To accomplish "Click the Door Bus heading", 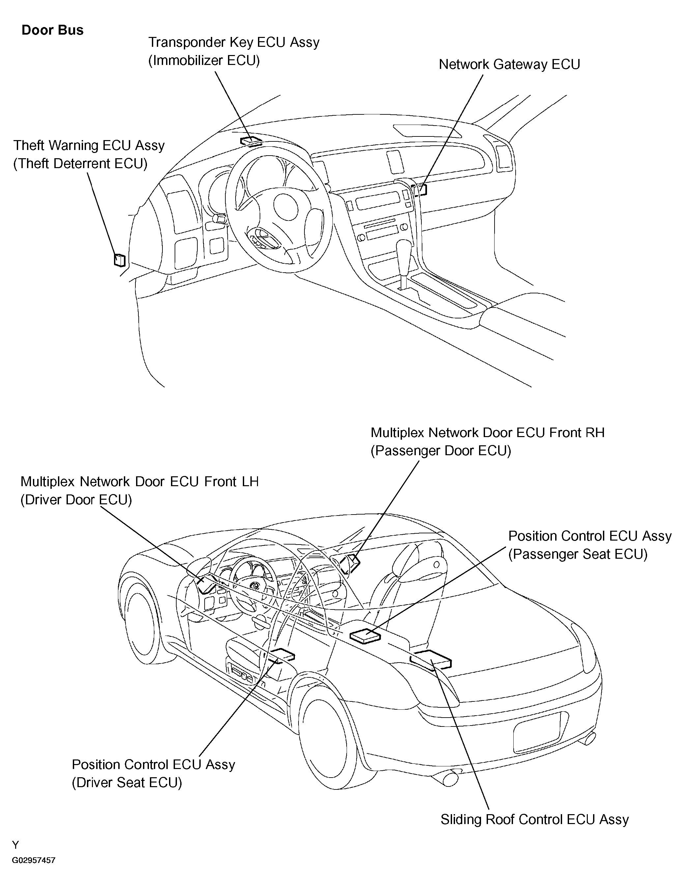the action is click(x=52, y=30).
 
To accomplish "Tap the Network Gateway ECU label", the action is click(x=509, y=65).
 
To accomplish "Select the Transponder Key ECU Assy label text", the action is click(x=234, y=42).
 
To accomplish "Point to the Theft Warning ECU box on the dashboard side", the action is click(x=120, y=259).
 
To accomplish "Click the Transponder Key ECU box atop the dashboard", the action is click(x=251, y=141).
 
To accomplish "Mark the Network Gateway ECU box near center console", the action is click(x=419, y=190).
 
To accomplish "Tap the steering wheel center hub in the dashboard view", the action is click(x=286, y=206).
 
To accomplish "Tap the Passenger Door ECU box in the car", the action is click(x=350, y=564).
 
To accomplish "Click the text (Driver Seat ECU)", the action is click(x=127, y=783).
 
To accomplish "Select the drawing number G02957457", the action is click(x=33, y=860).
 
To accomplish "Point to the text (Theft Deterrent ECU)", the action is click(x=80, y=163).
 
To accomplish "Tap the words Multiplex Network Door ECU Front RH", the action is click(x=488, y=432).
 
